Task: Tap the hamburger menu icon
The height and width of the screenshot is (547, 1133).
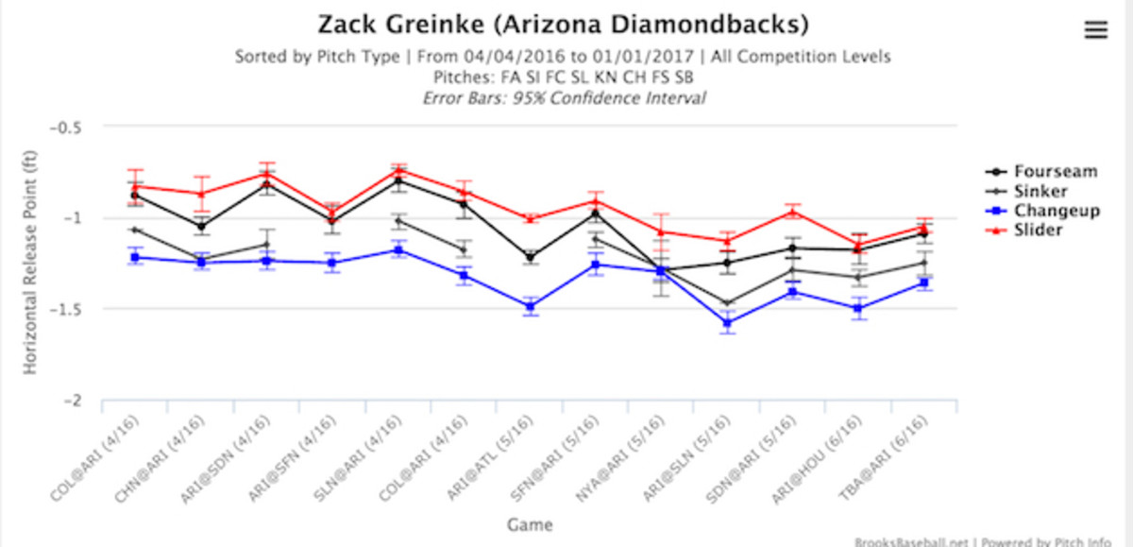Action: tap(1095, 30)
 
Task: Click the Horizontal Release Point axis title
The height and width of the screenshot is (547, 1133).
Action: tap(32, 265)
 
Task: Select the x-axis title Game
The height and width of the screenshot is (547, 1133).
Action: tap(528, 525)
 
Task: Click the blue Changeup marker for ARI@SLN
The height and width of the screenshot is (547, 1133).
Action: tap(728, 323)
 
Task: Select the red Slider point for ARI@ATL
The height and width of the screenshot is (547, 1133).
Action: tap(530, 218)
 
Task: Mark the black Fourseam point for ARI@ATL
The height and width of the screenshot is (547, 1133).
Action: tap(530, 257)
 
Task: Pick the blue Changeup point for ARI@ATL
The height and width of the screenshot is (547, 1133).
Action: tap(530, 306)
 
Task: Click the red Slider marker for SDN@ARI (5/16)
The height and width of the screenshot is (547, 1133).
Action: tap(793, 213)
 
